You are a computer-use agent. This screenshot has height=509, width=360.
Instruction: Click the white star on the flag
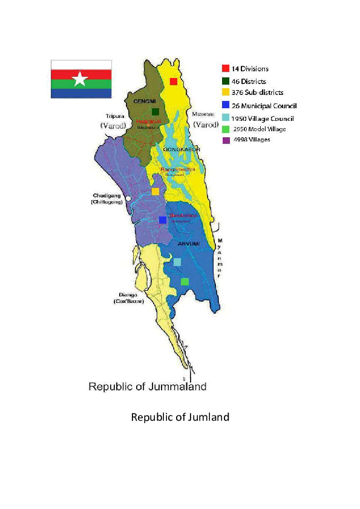point(79,79)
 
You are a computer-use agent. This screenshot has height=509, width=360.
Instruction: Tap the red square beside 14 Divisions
point(225,68)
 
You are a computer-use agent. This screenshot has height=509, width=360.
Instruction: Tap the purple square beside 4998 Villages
point(225,140)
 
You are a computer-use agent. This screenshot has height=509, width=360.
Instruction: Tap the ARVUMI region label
point(188,243)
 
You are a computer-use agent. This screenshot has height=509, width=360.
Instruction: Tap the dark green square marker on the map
point(155,112)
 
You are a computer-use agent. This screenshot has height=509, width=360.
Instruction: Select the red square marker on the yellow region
point(174,82)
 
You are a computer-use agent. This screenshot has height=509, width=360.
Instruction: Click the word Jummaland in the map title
point(178,386)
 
